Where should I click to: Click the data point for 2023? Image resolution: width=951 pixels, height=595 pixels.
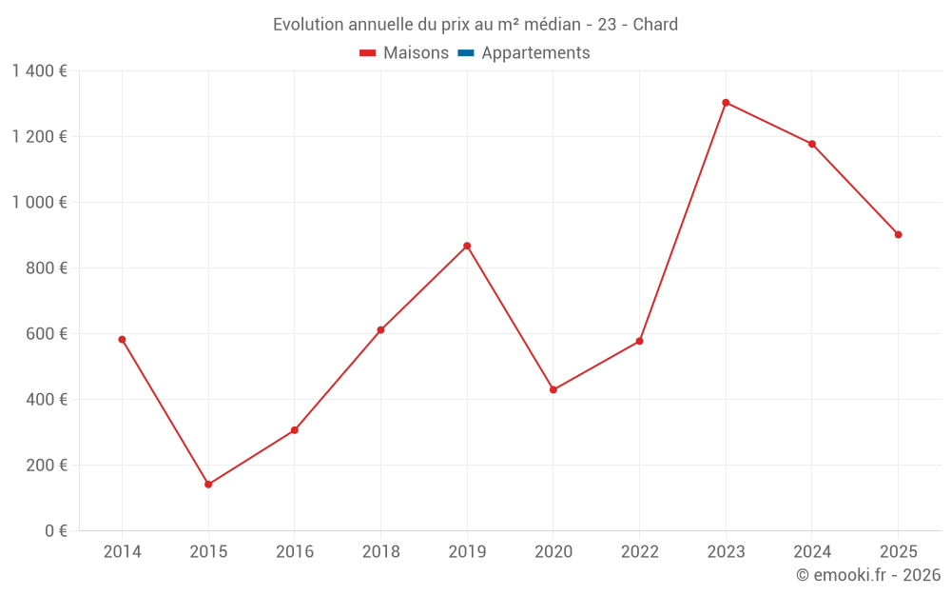coord(726,103)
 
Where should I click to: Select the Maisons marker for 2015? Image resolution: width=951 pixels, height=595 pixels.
coord(208,485)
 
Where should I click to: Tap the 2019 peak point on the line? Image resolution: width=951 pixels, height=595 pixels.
coord(467,246)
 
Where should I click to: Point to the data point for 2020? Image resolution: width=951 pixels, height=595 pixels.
coord(553,389)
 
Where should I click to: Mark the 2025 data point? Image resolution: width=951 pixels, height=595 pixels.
coord(898,234)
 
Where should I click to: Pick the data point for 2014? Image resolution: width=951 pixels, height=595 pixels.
coord(122,339)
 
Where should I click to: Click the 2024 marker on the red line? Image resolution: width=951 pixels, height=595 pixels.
coord(812,144)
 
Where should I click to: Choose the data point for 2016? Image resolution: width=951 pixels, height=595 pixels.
coord(295,430)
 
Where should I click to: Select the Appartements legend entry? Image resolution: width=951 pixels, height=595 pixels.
coord(535,53)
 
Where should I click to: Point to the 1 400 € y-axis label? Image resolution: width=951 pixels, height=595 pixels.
coord(39,70)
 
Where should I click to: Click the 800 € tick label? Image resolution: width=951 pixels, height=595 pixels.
coord(48,268)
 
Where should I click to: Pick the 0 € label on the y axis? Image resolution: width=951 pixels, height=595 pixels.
coord(56,530)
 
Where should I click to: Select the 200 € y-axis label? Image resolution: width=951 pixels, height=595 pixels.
coord(48,465)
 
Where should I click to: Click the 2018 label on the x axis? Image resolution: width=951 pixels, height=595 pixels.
coord(380,552)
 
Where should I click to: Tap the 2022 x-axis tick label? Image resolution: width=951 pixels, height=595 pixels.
coord(639,552)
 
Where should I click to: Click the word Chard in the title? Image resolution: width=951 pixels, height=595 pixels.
coord(655,25)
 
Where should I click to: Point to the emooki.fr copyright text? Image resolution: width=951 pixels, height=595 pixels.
coord(867,575)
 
